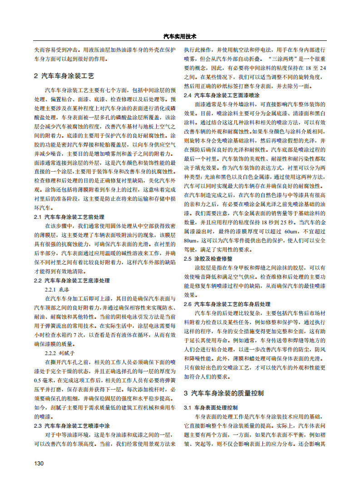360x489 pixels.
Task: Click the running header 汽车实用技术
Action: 179,36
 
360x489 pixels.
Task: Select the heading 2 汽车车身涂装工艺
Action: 64,76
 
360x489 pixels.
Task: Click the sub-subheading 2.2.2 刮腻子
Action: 59,353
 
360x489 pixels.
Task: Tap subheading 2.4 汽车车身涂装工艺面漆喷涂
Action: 222,95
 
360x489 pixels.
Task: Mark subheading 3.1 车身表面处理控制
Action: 210,407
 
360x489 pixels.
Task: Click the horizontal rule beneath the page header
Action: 180,42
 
